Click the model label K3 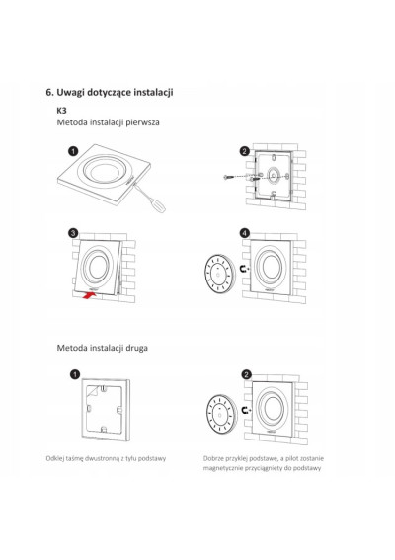(62, 111)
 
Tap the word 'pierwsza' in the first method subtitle (143, 122)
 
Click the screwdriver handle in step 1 (157, 205)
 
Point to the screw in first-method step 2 (229, 177)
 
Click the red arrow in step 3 (89, 295)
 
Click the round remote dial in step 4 (218, 274)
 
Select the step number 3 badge (73, 233)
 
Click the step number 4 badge (244, 233)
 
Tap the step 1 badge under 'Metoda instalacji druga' (75, 374)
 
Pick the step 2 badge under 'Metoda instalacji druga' (247, 374)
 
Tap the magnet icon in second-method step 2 (246, 410)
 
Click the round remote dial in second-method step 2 (220, 415)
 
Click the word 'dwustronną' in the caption (102, 458)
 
